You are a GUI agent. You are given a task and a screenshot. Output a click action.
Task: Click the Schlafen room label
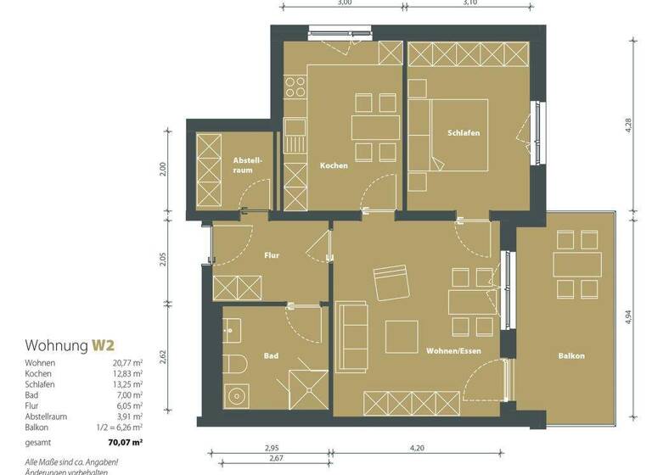coord(464,133)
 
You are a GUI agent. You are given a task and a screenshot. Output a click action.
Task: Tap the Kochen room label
coord(334,165)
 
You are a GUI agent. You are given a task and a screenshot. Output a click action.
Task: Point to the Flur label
coord(272,254)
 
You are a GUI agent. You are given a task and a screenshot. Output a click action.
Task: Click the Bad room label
coord(272,356)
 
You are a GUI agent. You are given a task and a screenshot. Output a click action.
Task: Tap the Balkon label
coord(572,356)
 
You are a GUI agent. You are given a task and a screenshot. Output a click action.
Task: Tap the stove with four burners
coord(295,87)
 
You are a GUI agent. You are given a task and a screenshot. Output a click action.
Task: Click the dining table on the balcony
coord(577,264)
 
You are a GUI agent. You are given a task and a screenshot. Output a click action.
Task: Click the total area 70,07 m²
coord(125,442)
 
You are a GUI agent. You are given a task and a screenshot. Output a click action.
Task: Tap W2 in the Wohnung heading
coord(104,345)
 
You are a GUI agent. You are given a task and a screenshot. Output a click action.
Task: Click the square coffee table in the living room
coord(402,336)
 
